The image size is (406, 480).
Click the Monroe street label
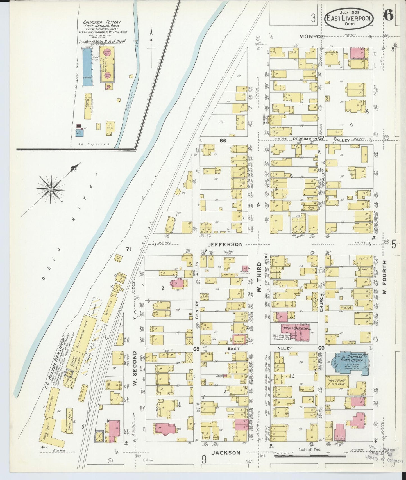(x=312, y=36)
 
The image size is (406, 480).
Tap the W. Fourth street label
(x=385, y=277)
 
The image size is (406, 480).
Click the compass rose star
(x=51, y=190)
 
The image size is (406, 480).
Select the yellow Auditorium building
(x=337, y=382)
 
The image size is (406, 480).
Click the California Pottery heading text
(x=102, y=22)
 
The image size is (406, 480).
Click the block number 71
(x=129, y=249)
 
